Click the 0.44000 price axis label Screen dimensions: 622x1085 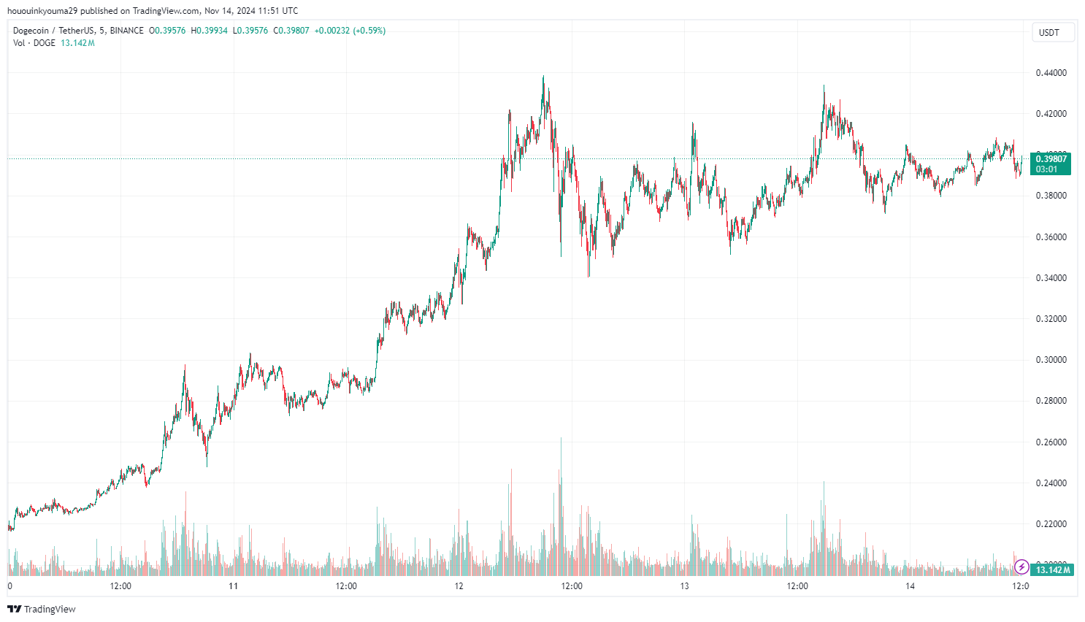(1051, 73)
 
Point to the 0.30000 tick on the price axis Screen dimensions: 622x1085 (1051, 360)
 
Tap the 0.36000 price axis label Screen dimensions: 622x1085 (1051, 237)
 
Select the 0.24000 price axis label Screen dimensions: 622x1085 (1051, 483)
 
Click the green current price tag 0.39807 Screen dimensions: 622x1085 (1051, 159)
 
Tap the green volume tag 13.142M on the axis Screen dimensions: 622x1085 (1052, 569)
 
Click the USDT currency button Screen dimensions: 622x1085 (1049, 33)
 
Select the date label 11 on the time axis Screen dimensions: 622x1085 (234, 586)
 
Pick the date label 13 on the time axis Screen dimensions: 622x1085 (685, 586)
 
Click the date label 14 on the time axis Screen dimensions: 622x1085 (910, 586)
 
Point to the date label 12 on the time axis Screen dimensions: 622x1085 (459, 586)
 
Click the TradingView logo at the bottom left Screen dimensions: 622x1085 (42, 609)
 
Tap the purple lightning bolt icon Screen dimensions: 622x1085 (1021, 567)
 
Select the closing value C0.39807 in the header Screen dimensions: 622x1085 (291, 31)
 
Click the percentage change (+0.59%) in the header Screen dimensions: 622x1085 (369, 31)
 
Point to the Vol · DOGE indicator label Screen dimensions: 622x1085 (34, 43)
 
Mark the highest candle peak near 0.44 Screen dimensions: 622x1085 (543, 77)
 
